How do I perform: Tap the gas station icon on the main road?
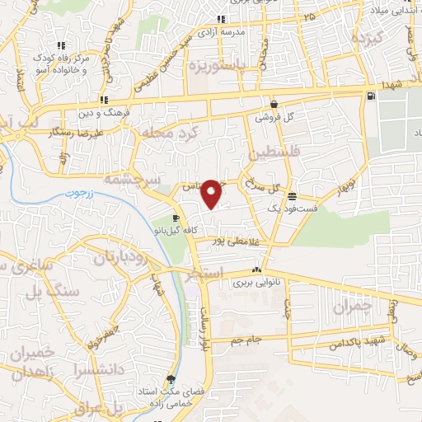[368, 96]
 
